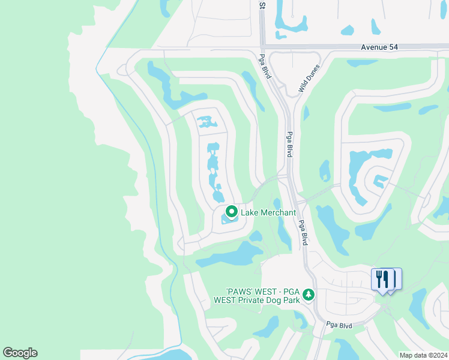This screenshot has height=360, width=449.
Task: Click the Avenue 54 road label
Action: (x=379, y=47)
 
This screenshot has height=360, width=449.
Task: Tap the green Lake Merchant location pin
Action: (x=231, y=212)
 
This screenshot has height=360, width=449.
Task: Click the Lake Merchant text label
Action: (x=268, y=213)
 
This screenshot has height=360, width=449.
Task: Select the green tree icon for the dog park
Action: (x=309, y=294)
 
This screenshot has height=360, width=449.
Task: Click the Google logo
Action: (x=20, y=353)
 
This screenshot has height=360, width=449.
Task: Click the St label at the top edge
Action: (x=262, y=5)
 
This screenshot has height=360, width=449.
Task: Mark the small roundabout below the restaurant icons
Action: (x=384, y=307)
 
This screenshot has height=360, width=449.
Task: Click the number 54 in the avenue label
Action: (x=392, y=47)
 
